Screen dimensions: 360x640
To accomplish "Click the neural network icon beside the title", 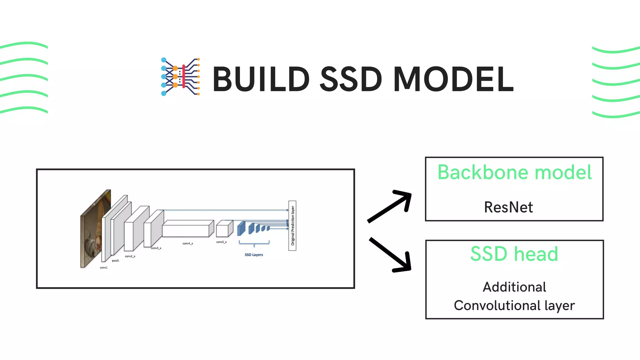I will pyautogui.click(x=180, y=77).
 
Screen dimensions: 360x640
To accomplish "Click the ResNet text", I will pyautogui.click(x=508, y=207).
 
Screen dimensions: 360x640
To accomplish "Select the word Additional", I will pyautogui.click(x=514, y=287).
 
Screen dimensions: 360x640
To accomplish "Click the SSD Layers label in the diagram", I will pyautogui.click(x=254, y=255).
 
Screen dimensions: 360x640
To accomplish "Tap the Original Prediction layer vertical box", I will pyautogui.click(x=292, y=226).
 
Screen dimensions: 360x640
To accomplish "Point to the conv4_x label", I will pyautogui.click(x=188, y=243).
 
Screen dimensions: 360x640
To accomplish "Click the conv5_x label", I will pyautogui.click(x=221, y=242).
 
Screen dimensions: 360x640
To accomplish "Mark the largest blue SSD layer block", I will pyautogui.click(x=241, y=228).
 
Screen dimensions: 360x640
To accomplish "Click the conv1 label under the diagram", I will pyautogui.click(x=103, y=267).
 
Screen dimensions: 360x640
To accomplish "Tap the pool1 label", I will pyautogui.click(x=115, y=261).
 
